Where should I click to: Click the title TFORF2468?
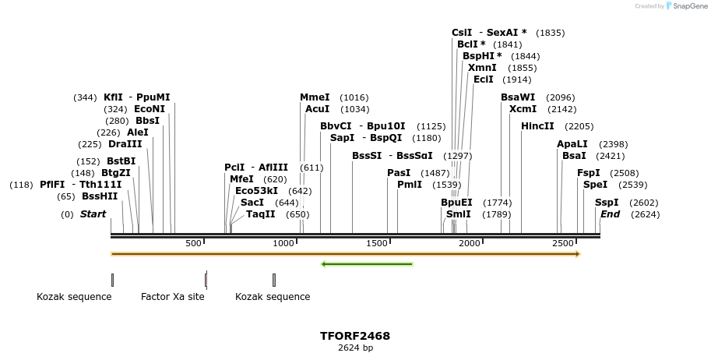point(355,336)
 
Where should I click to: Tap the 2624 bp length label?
point(355,348)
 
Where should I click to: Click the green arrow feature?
point(367,264)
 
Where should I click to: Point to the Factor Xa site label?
point(173,297)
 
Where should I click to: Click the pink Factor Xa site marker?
point(206,280)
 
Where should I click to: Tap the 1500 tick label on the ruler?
point(377,244)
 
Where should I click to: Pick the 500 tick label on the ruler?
point(193,244)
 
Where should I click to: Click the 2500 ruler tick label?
point(562,244)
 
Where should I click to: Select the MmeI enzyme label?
point(315,97)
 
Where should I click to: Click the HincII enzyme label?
point(537,125)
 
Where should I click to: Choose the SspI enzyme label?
point(607,203)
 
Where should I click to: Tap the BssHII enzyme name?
point(100,196)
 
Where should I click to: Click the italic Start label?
point(93,214)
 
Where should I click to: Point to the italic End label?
point(610,214)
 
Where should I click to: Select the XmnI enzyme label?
point(482,68)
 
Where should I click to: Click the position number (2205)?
point(579,126)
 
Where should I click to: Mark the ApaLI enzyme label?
point(572,144)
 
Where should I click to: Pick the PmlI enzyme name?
point(410,185)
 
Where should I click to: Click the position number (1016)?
point(354,98)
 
